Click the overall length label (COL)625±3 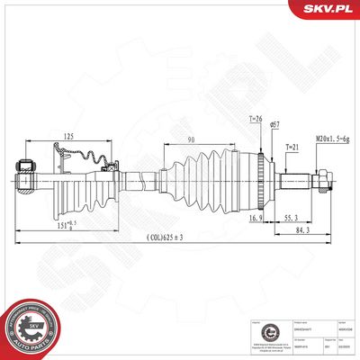[175, 236]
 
